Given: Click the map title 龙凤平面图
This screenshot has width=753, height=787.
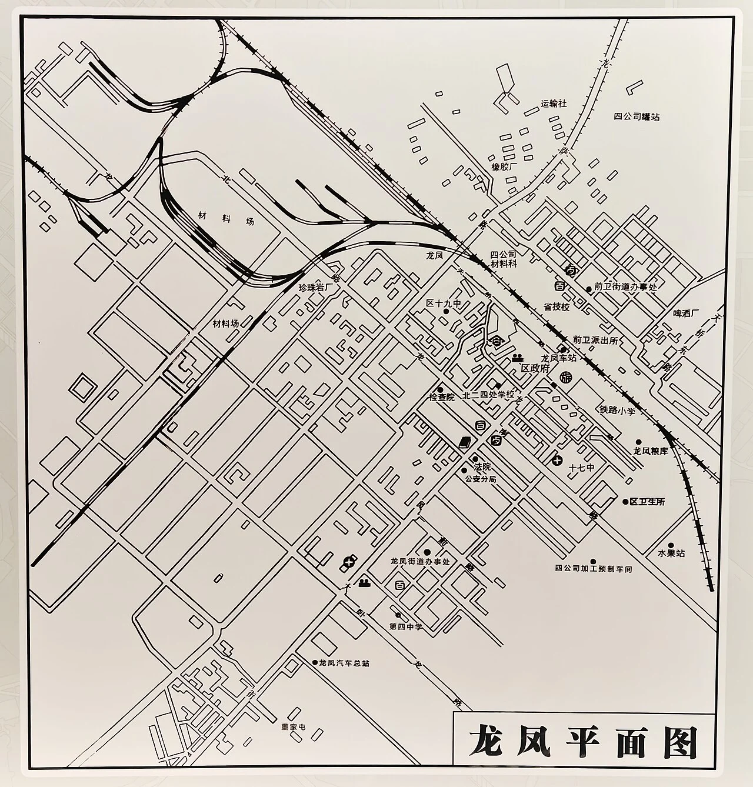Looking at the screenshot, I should pyautogui.click(x=583, y=743).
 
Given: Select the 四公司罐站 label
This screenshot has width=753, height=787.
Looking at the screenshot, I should pyautogui.click(x=637, y=117).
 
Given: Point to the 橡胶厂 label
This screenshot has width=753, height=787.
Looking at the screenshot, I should pyautogui.click(x=504, y=166).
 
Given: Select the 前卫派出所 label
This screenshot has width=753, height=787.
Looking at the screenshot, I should pyautogui.click(x=596, y=340).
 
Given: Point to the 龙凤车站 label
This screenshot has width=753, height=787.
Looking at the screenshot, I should pyautogui.click(x=558, y=358).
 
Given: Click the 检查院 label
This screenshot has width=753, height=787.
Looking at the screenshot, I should pyautogui.click(x=442, y=398).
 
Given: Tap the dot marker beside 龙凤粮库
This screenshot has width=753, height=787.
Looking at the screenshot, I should pyautogui.click(x=638, y=442).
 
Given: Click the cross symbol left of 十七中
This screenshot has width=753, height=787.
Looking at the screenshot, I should pyautogui.click(x=557, y=459).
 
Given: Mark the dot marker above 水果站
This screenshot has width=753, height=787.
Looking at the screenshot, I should pyautogui.click(x=671, y=545).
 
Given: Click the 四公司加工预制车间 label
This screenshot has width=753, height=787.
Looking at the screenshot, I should pyautogui.click(x=593, y=569).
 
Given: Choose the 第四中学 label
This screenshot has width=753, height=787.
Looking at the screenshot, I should pyautogui.click(x=406, y=626).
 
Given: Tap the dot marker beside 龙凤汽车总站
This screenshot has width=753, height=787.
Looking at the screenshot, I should pyautogui.click(x=315, y=662).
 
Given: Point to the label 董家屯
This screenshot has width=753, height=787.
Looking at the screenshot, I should pyautogui.click(x=294, y=727).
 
